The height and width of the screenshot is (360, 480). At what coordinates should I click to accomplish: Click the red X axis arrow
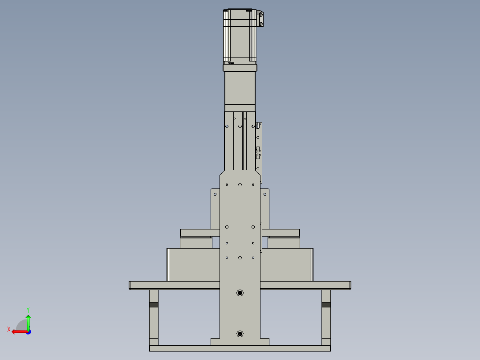[16, 331]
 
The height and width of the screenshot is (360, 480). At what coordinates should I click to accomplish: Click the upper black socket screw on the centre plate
[240, 293]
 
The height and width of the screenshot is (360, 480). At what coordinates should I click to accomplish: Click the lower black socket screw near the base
[240, 334]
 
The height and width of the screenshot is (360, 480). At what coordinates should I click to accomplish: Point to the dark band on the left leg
[154, 305]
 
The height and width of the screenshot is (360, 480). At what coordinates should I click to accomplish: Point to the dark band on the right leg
[326, 305]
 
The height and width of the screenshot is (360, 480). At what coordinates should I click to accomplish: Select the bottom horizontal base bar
[240, 348]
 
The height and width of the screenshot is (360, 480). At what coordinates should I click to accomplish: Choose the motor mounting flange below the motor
[240, 68]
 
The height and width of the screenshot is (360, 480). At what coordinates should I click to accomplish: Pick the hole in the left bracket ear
[215, 194]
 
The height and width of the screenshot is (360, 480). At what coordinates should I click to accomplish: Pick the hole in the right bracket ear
[265, 194]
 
